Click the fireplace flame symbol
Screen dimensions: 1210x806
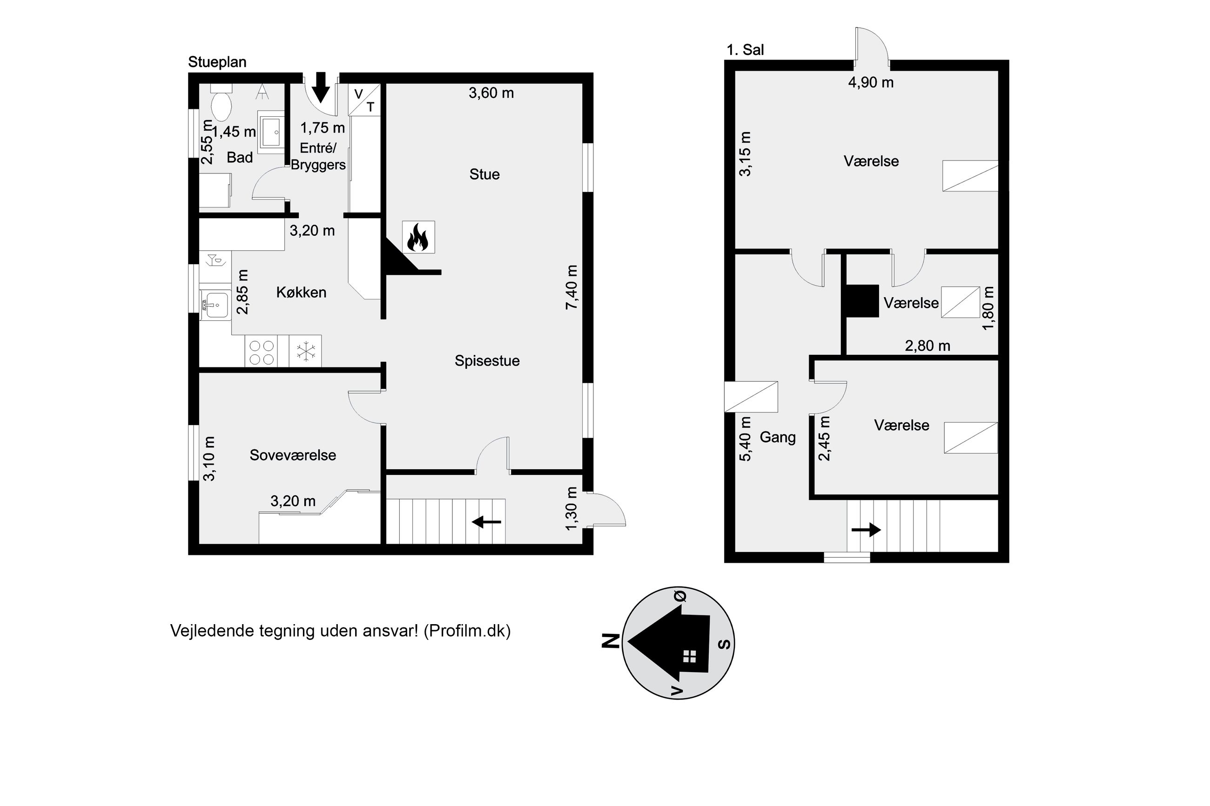pyautogui.click(x=417, y=237)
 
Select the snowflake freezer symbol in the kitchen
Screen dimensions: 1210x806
pyautogui.click(x=305, y=351)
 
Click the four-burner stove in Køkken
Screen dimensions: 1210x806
pyautogui.click(x=261, y=351)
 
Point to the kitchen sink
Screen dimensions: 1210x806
pyautogui.click(x=215, y=306)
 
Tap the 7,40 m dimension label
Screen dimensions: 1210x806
pyautogui.click(x=572, y=287)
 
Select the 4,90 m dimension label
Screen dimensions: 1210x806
pyautogui.click(x=871, y=82)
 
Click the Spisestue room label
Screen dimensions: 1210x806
pyautogui.click(x=487, y=361)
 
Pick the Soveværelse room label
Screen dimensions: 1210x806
pyautogui.click(x=293, y=455)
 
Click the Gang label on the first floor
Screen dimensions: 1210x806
pyautogui.click(x=778, y=438)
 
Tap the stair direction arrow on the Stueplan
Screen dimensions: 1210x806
pyautogui.click(x=486, y=522)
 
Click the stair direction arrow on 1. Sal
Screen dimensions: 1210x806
pyautogui.click(x=867, y=529)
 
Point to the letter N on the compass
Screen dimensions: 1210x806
pyautogui.click(x=611, y=641)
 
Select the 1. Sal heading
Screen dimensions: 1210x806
pyautogui.click(x=745, y=50)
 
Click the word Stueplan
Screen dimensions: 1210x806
pyautogui.click(x=217, y=62)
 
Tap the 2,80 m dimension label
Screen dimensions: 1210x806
pyautogui.click(x=927, y=346)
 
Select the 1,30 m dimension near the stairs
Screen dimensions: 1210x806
pyautogui.click(x=571, y=509)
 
